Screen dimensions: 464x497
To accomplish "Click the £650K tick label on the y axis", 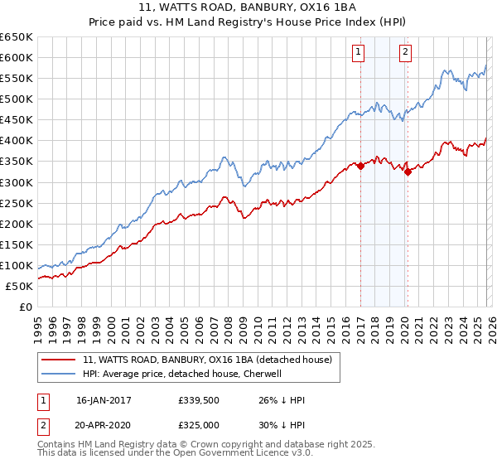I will pyautogui.click(x=17, y=37).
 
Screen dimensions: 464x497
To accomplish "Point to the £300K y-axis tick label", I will pyautogui.click(x=17, y=182).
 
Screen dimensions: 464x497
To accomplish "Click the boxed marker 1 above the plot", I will pyautogui.click(x=359, y=52).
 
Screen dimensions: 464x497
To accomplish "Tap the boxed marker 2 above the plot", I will pyautogui.click(x=406, y=52).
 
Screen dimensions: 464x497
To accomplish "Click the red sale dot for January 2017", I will pyautogui.click(x=361, y=166).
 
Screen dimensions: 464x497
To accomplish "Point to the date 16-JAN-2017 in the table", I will pyautogui.click(x=104, y=400).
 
